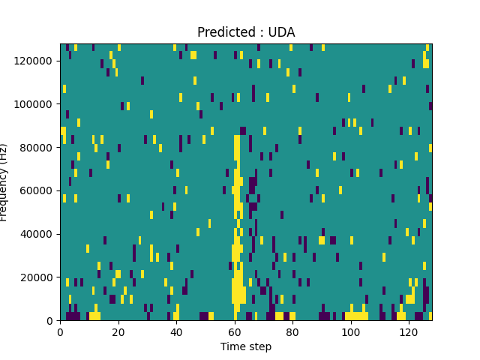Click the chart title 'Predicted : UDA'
pos(246,32)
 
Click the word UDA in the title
pos(282,32)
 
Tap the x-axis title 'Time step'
pos(246,346)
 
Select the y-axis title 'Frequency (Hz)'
pos(4,182)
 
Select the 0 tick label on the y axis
pos(51,321)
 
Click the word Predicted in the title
pos(222,32)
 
